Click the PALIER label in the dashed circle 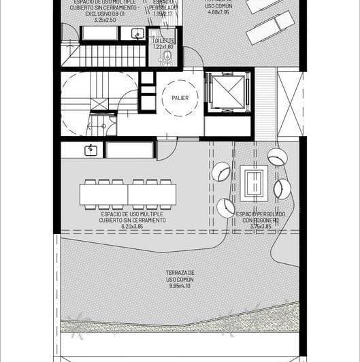180,98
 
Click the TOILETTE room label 163,41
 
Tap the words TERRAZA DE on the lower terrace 180,273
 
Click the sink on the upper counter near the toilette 137,34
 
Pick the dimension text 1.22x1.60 163,47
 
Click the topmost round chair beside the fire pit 277,157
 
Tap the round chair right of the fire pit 282,188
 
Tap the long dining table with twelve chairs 127,194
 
